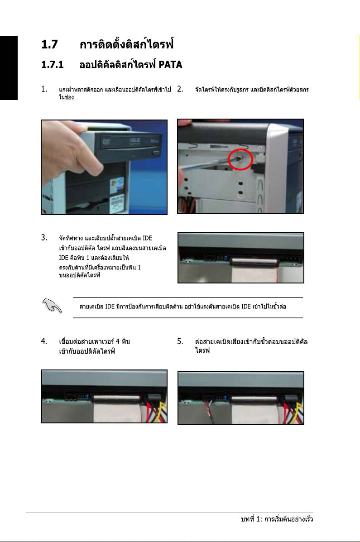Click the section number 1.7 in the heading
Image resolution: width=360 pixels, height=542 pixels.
click(x=49, y=44)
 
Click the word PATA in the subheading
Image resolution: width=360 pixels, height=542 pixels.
click(x=170, y=64)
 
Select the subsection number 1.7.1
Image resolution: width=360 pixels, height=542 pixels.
click(x=52, y=65)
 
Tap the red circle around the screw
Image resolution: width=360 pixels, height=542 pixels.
click(x=240, y=159)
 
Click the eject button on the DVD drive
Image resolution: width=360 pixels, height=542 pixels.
click(x=155, y=153)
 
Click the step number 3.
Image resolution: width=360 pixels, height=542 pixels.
click(x=44, y=237)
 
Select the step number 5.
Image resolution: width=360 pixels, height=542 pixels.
click(x=180, y=341)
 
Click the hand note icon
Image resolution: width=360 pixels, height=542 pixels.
click(x=52, y=306)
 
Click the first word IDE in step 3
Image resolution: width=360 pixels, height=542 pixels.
click(x=147, y=238)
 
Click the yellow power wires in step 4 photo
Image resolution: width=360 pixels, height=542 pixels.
click(x=162, y=412)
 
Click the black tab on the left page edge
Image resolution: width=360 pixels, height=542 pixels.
click(x=9, y=68)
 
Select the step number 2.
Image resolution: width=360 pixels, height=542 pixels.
click(x=180, y=89)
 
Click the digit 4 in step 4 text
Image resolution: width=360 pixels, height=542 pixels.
click(x=118, y=341)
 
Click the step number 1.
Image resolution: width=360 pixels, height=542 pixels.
click(x=44, y=89)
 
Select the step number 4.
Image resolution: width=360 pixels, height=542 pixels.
click(x=44, y=341)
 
